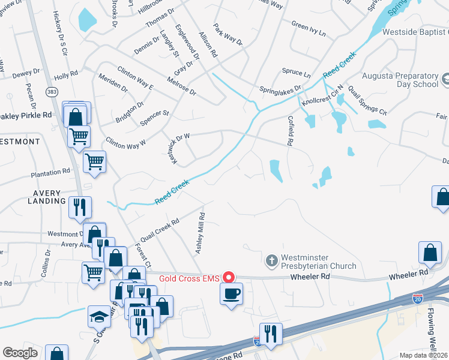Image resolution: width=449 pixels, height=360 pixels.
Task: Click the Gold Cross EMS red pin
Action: (228, 277)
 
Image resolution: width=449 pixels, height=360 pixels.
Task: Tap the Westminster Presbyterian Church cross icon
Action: (271, 260)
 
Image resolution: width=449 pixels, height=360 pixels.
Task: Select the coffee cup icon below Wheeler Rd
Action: (231, 294)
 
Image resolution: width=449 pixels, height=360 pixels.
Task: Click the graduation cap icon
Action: (100, 317)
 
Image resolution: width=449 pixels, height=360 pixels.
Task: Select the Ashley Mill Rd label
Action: (200, 233)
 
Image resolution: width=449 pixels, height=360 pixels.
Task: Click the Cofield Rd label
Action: (290, 131)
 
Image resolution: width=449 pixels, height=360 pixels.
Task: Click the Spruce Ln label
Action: (296, 74)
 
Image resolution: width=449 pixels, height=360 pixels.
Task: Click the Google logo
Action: (20, 353)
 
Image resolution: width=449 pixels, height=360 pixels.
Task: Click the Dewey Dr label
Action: (25, 74)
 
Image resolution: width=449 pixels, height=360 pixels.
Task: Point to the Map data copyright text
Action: (422, 355)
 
